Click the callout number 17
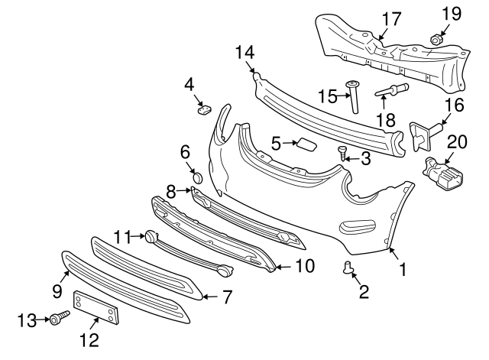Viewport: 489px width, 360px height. (390, 19)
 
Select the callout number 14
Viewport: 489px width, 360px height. (244, 53)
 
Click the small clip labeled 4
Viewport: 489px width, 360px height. (204, 108)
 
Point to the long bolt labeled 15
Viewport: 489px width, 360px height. (355, 96)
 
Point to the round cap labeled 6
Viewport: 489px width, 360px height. (196, 177)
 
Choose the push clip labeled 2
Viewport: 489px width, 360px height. (351, 267)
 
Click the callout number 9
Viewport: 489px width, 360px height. (57, 290)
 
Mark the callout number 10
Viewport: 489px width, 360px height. (304, 267)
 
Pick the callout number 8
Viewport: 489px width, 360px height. (172, 190)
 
